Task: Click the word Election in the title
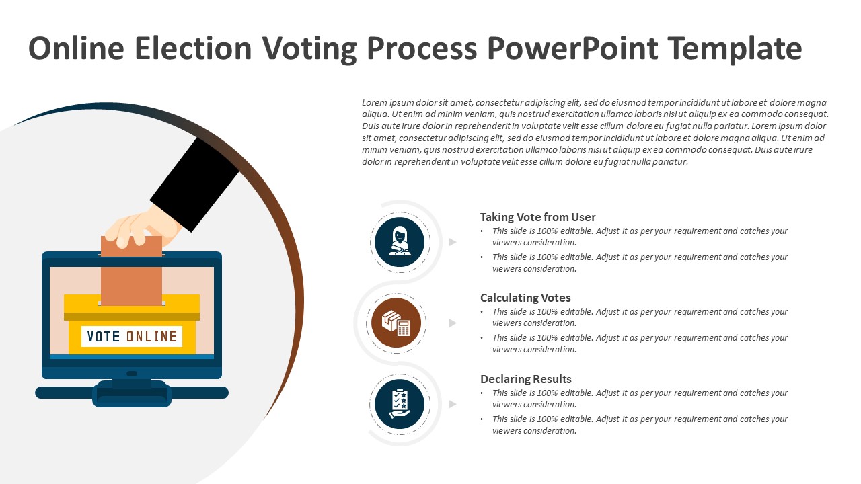(x=193, y=48)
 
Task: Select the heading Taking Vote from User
(x=537, y=217)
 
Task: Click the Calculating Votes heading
(x=525, y=298)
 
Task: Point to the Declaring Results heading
(x=526, y=380)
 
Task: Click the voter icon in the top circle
(x=400, y=242)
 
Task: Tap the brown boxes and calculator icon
(x=396, y=323)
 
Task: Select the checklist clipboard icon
(x=400, y=404)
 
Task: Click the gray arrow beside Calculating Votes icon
(x=453, y=323)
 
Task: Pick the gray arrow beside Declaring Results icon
(x=453, y=404)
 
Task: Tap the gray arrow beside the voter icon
(x=453, y=242)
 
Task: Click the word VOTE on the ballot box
(x=104, y=337)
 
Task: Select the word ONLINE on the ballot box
(x=152, y=337)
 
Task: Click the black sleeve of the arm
(x=194, y=185)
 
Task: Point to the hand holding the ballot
(x=143, y=227)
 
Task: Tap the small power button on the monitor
(x=132, y=374)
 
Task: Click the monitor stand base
(x=132, y=393)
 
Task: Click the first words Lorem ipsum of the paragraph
(x=390, y=103)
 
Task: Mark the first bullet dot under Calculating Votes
(x=482, y=312)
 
